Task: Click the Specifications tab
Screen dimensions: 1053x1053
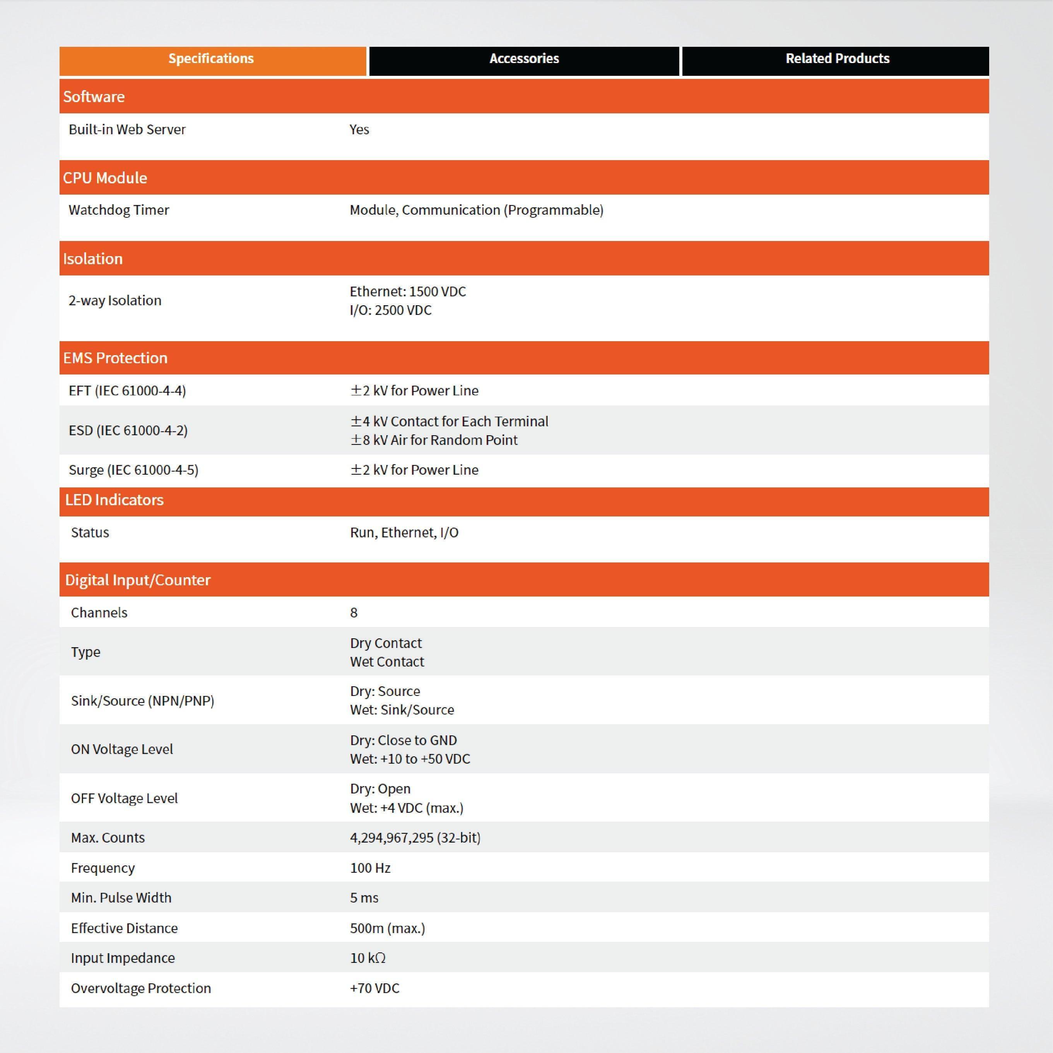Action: pos(212,59)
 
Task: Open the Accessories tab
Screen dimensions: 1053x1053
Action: pos(524,59)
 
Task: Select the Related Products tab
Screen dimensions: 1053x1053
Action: pos(837,59)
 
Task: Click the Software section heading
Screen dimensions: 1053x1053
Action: pos(94,96)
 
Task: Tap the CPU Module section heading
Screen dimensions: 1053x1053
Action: pos(105,178)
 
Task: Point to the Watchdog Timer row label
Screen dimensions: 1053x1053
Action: pos(119,210)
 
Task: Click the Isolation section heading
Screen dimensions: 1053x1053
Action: pos(93,258)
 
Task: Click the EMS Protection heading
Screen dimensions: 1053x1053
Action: pos(115,357)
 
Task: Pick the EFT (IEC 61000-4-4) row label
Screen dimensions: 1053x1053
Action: pos(127,390)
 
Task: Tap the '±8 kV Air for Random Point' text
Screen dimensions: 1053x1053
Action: pos(434,440)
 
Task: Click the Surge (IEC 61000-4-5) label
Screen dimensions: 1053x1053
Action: pos(133,470)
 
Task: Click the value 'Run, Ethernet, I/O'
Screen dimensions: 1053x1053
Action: pos(404,532)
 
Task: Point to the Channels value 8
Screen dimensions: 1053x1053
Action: pos(354,613)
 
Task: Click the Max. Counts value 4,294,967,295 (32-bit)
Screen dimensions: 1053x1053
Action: pos(415,837)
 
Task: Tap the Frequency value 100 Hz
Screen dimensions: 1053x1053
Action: pos(370,868)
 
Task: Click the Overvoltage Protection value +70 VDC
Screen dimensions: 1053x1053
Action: pos(374,988)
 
